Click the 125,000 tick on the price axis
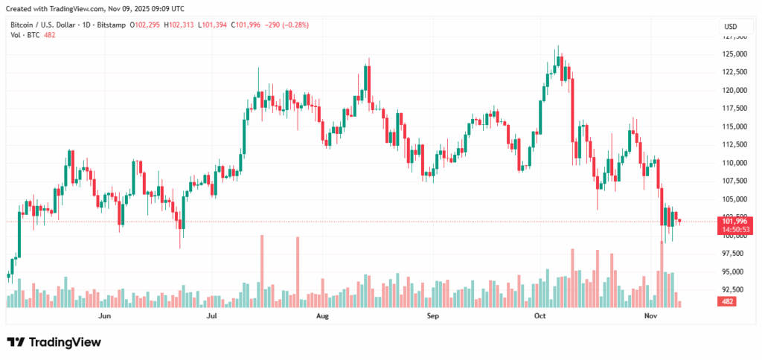(734, 54)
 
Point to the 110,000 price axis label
(734, 163)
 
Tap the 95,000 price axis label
(734, 271)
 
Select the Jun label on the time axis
(104, 316)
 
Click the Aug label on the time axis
(322, 316)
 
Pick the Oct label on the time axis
(540, 316)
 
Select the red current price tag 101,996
(734, 221)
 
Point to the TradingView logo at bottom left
(54, 342)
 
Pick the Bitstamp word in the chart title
(111, 25)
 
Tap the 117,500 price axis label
(734, 109)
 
